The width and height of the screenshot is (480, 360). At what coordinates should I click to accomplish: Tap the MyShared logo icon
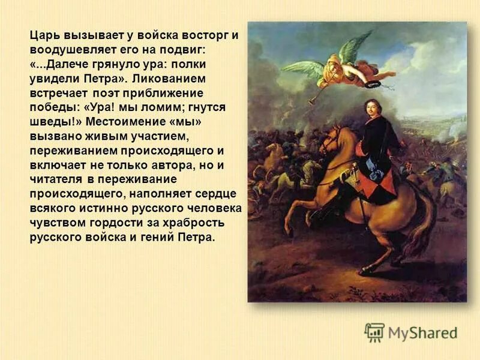374,332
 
